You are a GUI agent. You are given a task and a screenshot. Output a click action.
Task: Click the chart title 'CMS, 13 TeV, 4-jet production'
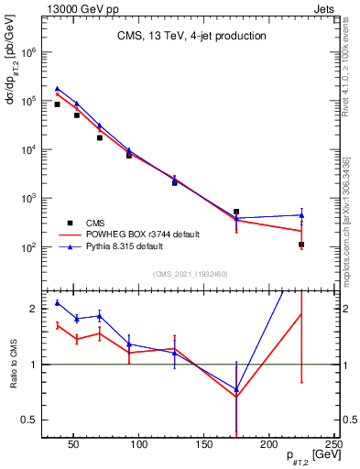191,37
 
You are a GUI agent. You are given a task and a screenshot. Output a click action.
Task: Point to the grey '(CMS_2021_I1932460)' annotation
190,273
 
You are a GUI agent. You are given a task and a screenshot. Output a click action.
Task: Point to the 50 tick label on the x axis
75,444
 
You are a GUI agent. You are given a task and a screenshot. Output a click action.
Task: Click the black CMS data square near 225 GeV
301,245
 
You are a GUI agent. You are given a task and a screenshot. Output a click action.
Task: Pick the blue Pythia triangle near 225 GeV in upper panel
301,215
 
